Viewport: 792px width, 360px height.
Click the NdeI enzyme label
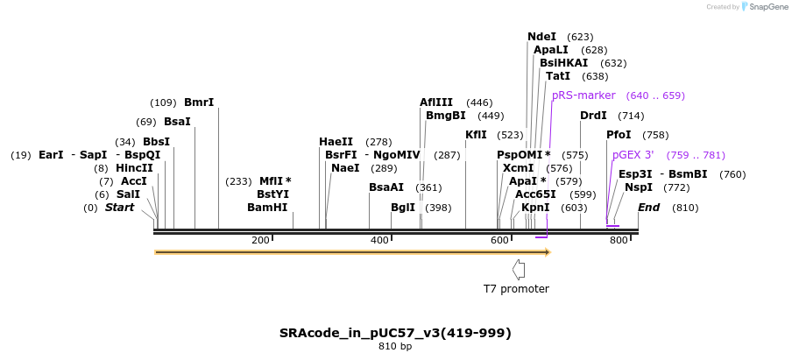pos(541,37)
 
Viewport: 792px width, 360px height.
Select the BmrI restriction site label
pos(199,102)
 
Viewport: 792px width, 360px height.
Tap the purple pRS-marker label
pos(583,95)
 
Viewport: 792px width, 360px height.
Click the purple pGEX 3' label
pos(633,155)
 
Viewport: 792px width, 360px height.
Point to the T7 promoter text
pos(516,288)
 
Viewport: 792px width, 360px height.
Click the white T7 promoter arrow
pos(519,269)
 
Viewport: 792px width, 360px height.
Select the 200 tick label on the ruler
pos(260,240)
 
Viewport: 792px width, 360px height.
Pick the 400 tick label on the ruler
pos(379,240)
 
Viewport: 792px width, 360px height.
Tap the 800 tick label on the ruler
pos(618,240)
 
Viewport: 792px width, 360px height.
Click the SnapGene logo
pos(764,7)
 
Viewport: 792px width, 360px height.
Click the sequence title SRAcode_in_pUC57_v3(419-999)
pos(395,333)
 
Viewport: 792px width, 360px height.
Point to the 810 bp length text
pos(395,347)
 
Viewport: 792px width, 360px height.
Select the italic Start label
pos(120,208)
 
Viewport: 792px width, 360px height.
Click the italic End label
pos(648,208)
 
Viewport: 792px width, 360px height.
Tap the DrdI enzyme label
pos(593,116)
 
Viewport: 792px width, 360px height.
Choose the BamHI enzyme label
pos(267,208)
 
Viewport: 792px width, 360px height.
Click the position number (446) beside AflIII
pos(479,102)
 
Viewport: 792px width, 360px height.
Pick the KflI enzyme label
pos(476,135)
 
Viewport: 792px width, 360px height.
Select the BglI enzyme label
pos(403,208)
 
